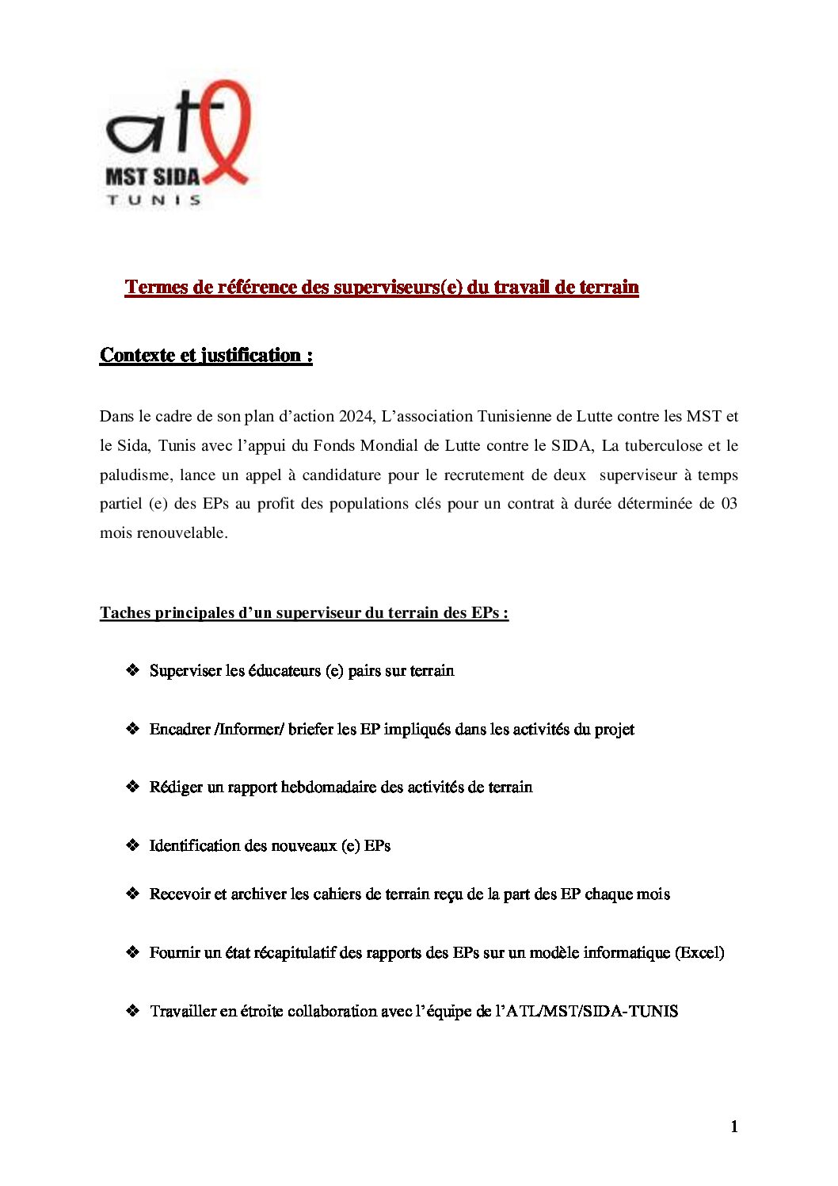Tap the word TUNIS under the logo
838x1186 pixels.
click(x=154, y=200)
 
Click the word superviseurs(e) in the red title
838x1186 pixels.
click(x=398, y=287)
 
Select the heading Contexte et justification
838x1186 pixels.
click(x=206, y=355)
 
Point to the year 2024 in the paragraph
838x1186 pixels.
click(x=356, y=416)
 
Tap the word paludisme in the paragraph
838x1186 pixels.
click(x=135, y=475)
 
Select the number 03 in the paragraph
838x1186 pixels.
click(x=729, y=504)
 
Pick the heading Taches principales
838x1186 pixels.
click(x=304, y=612)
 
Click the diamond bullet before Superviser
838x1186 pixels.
click(x=132, y=670)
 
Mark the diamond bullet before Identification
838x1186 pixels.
click(x=132, y=845)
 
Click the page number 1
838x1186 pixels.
click(x=734, y=1127)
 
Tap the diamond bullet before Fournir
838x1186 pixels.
click(x=132, y=952)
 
